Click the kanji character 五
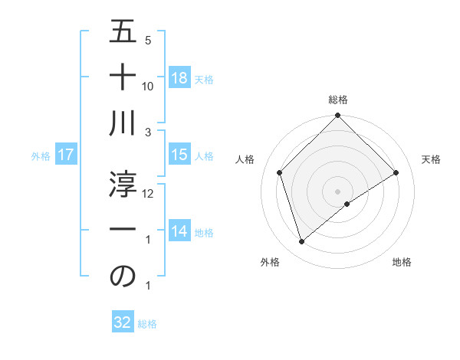pos(123,33)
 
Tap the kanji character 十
pos(123,77)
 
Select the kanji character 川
pos(123,123)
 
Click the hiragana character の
pos(123,277)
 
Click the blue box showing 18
pos(179,78)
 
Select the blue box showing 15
pos(179,155)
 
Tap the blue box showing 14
pos(179,231)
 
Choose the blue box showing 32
pos(123,322)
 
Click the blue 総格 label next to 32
pos(147,324)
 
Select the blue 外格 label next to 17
pos(41,156)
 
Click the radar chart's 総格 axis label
pos(338,100)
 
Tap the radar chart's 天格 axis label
pos(432,159)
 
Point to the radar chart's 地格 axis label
pos(402,262)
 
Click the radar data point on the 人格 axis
pos(280,172)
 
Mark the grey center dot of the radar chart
pos(338,191)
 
